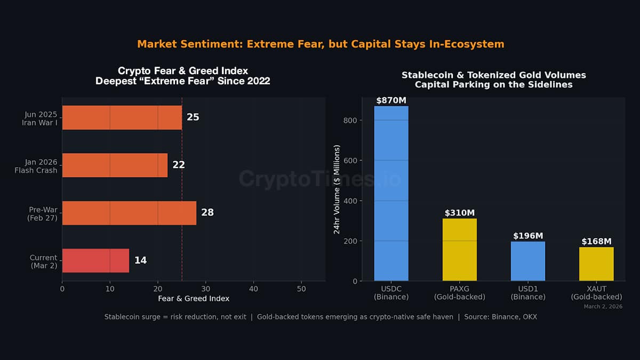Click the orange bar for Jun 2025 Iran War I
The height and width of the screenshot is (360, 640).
pyautogui.click(x=122, y=117)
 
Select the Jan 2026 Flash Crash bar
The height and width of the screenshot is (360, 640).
pyautogui.click(x=115, y=165)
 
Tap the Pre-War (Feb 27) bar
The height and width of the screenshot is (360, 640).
pyautogui.click(x=129, y=212)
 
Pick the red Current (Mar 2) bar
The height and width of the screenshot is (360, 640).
pyautogui.click(x=95, y=260)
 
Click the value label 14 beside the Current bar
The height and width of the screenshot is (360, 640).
pyautogui.click(x=140, y=260)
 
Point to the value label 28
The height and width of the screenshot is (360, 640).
pyautogui.click(x=207, y=212)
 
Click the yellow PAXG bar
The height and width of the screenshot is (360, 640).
pyautogui.click(x=460, y=250)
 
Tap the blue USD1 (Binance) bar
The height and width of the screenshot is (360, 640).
pyautogui.click(x=528, y=261)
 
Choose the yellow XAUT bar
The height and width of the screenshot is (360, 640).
pyautogui.click(x=596, y=264)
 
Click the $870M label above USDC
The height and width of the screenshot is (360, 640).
pyautogui.click(x=391, y=100)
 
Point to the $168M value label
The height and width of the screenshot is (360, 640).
pyautogui.click(x=596, y=241)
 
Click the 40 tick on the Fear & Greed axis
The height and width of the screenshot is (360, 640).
pyautogui.click(x=253, y=289)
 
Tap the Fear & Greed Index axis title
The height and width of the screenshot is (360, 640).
pyautogui.click(x=194, y=298)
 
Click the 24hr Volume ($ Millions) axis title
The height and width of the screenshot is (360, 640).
pyautogui.click(x=337, y=189)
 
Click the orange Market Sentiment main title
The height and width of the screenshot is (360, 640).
pyautogui.click(x=321, y=44)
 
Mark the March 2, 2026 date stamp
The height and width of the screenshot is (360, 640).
pyautogui.click(x=603, y=307)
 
